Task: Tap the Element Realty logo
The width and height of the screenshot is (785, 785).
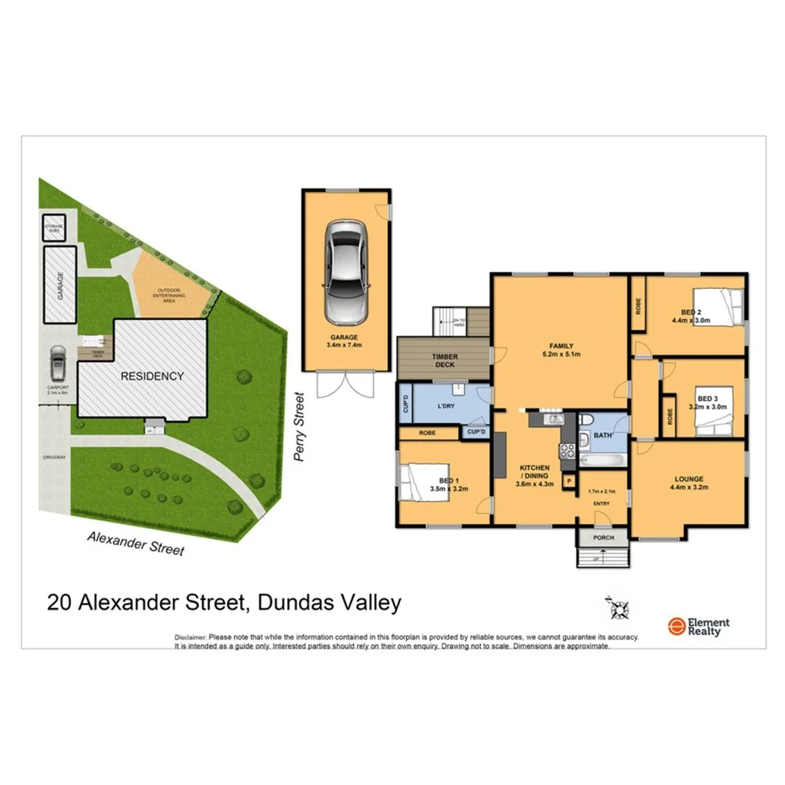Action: click(698, 626)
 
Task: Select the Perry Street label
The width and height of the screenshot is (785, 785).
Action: click(297, 426)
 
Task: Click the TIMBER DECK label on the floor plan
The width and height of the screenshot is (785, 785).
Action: click(445, 361)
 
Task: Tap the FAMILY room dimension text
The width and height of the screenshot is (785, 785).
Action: click(561, 354)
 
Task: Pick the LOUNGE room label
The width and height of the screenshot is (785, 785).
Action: click(686, 479)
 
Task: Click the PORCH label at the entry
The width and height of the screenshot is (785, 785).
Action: click(603, 537)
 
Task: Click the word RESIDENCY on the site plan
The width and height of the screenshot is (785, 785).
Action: click(152, 376)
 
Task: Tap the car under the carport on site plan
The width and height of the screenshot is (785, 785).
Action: click(57, 364)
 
